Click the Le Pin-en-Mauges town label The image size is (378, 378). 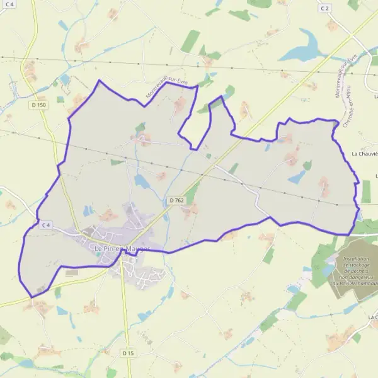pos(122,249)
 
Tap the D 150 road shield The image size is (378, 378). pos(38,105)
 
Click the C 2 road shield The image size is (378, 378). pos(325,8)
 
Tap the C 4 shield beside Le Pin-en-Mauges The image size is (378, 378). pos(46,225)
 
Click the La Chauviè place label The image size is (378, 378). pos(365,153)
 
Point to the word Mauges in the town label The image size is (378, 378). pos(137,249)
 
